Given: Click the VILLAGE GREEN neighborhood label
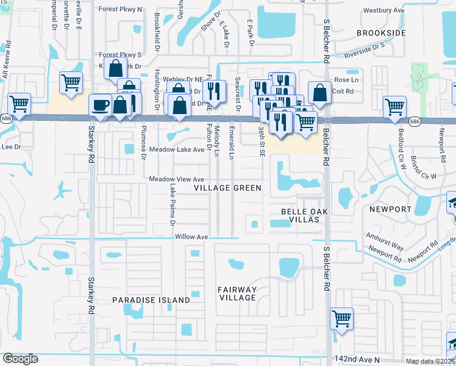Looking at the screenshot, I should click(227, 188).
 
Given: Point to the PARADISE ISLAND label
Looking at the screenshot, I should click(151, 300).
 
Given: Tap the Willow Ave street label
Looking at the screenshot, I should click(191, 237).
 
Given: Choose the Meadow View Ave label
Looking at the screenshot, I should click(177, 179).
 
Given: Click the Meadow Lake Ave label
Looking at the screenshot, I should click(177, 149).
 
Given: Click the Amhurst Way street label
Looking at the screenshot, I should click(384, 239).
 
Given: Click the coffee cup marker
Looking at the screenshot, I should click(101, 105).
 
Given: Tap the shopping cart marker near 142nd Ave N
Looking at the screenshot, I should click(341, 318).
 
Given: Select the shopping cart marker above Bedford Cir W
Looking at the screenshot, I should click(394, 106).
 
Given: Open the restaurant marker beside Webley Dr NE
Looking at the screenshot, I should click(214, 91).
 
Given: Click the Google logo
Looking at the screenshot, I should click(20, 359).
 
